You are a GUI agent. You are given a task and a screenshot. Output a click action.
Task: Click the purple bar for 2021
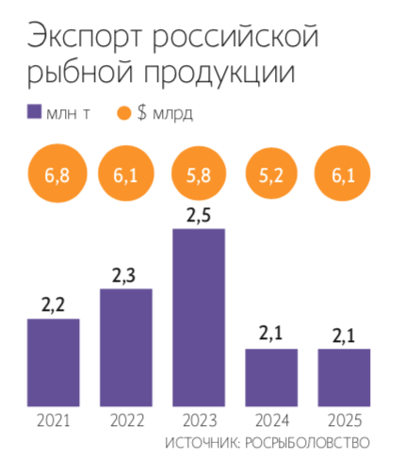pos(53,362)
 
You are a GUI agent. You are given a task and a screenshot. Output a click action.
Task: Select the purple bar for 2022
pos(126,347)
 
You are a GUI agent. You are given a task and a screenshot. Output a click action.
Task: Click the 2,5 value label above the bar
pos(199,215)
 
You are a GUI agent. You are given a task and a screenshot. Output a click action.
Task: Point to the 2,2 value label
pos(53,305)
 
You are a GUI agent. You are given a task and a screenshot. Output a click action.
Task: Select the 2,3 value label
pos(126,275)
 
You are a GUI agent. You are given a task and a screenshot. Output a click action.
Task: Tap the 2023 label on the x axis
pos(199,420)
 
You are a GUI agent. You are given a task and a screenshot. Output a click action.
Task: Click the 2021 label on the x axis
pos(53,420)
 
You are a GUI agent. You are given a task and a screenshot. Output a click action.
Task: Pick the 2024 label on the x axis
pos(271,420)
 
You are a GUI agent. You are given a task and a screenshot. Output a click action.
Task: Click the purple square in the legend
pos(35,113)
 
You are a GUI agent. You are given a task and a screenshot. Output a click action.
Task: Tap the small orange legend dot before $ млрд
pos(123,113)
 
